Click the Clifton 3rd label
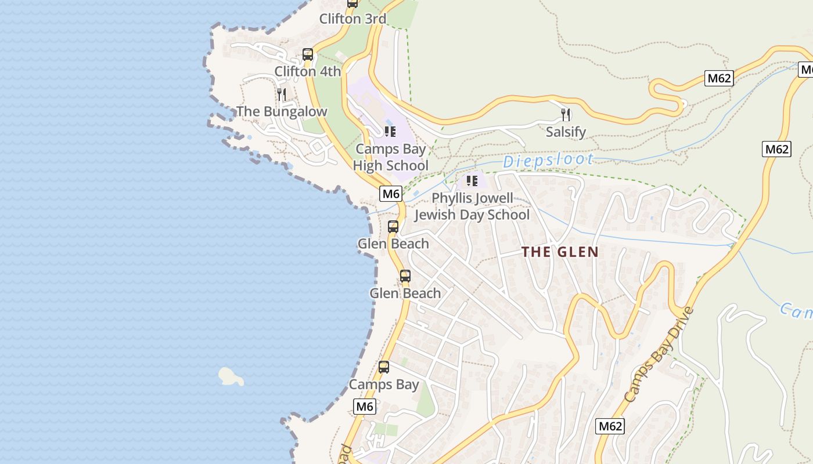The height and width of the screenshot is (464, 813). (352, 19)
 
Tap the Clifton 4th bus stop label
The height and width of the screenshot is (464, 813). (308, 71)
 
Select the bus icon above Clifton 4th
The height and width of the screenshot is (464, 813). (308, 55)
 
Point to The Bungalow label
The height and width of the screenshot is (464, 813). (282, 111)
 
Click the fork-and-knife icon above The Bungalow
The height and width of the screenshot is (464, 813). (282, 94)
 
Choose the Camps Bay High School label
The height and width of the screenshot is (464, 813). (391, 157)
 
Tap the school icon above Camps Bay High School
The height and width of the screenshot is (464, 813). (390, 131)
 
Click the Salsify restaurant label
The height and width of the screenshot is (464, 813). (566, 132)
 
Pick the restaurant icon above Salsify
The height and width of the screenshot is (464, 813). (566, 114)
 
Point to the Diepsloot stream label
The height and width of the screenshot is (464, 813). (548, 161)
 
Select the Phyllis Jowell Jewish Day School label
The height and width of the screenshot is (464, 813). (472, 206)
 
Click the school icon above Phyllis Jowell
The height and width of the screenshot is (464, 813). (472, 180)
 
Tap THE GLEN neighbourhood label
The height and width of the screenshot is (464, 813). (560, 252)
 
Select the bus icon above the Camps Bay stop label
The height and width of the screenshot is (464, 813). (384, 367)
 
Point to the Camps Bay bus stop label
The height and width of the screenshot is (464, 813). (384, 384)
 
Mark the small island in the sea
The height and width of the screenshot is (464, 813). (231, 376)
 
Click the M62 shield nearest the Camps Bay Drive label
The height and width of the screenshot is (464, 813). (610, 426)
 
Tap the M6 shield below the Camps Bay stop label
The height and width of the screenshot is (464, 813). (365, 406)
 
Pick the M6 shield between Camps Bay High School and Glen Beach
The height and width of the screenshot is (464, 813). (391, 193)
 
